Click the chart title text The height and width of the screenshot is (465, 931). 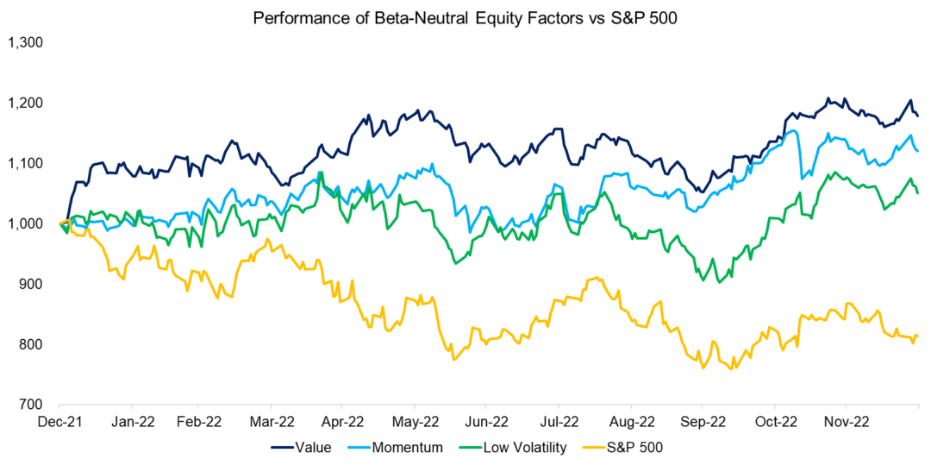pos(465,17)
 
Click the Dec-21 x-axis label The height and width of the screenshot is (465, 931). pos(59,423)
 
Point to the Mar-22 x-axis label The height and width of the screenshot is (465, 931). pos(273,423)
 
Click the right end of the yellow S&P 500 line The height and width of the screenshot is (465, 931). pos(918,336)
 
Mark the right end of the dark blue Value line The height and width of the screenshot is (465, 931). pos(918,116)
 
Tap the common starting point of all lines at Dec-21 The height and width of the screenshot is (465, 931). pos(59,223)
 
